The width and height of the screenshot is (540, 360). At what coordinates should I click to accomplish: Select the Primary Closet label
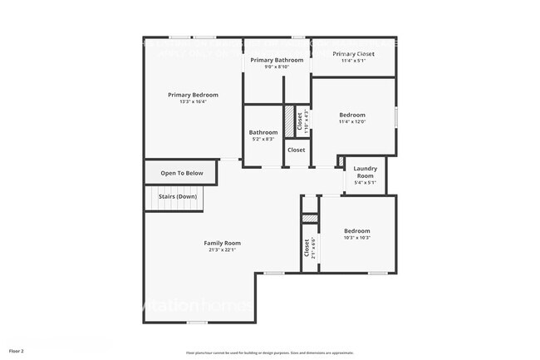353,54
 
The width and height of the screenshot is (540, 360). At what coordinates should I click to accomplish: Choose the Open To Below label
182,173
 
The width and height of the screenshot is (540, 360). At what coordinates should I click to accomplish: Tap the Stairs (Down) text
179,196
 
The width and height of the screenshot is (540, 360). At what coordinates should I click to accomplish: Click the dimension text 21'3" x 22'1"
222,249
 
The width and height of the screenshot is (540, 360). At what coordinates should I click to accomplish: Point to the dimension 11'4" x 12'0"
352,121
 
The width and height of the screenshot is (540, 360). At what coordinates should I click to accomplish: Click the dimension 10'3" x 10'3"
356,237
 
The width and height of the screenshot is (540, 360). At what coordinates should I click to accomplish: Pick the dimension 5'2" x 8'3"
263,139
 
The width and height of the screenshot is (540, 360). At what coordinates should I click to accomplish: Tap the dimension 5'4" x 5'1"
365,182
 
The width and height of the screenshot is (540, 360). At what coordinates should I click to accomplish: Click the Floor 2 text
17,352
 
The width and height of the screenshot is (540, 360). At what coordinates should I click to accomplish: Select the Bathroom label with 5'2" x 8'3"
263,132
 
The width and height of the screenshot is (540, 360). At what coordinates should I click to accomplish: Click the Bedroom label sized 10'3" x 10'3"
356,230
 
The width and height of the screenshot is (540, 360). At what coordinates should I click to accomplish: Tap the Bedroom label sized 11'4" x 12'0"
352,115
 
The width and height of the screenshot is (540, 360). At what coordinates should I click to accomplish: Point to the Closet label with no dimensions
296,150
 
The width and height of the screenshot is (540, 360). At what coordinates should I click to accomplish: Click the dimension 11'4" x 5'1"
353,61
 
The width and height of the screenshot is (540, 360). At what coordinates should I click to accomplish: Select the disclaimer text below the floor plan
270,353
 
